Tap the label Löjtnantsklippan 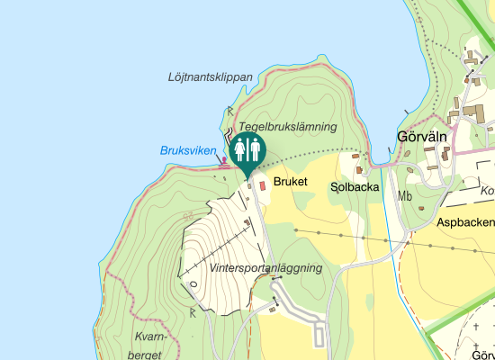click(x=210, y=77)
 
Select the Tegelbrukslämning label click(x=287, y=127)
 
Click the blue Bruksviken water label click(x=188, y=150)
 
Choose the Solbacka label click(x=355, y=187)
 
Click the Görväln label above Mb click(x=422, y=138)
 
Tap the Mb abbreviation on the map click(x=405, y=196)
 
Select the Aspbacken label click(x=465, y=221)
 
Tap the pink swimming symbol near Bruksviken click(x=224, y=161)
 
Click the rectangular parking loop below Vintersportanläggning click(x=319, y=335)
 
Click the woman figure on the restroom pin click(x=239, y=149)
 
